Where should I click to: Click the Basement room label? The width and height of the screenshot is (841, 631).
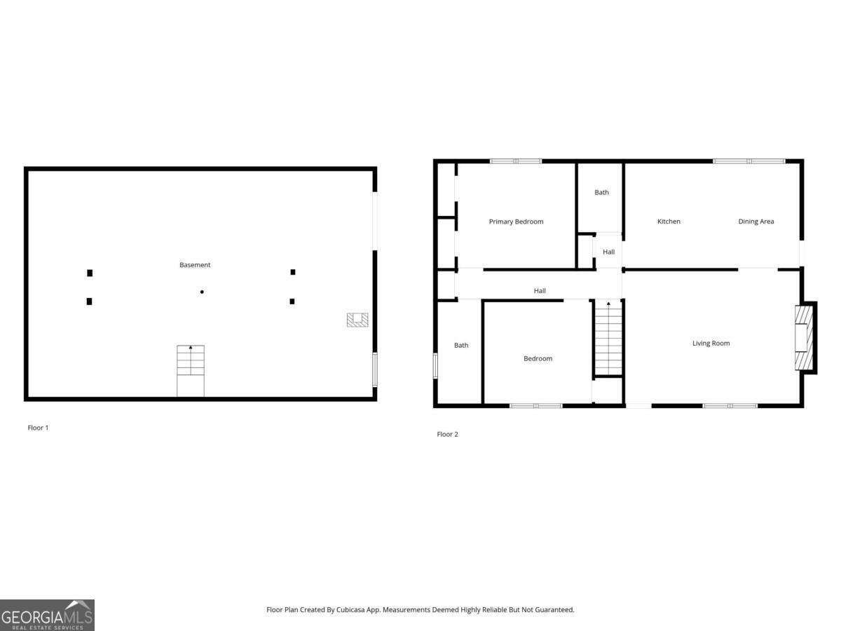click(x=195, y=265)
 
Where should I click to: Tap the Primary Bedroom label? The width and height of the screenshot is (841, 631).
click(x=516, y=222)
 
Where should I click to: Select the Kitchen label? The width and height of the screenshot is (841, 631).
click(x=669, y=222)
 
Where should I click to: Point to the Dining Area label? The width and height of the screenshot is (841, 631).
click(x=756, y=222)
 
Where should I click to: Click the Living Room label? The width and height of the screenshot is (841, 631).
click(x=711, y=344)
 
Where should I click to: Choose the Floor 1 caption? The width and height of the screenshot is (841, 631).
click(x=38, y=428)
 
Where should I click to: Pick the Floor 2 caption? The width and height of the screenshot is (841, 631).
click(x=447, y=435)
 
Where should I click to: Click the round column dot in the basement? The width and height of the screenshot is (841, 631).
click(x=202, y=292)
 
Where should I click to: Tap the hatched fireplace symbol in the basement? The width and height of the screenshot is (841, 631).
click(x=357, y=320)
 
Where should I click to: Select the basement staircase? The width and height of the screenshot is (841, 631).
click(x=191, y=370)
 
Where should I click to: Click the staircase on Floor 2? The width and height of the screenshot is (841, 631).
click(x=608, y=338)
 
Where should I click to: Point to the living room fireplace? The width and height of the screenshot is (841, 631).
click(x=805, y=338)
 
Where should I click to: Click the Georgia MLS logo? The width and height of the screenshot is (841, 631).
click(x=47, y=616)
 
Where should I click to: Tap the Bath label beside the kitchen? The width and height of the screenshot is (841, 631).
click(x=601, y=192)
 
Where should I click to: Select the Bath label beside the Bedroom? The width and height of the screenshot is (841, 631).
click(x=461, y=345)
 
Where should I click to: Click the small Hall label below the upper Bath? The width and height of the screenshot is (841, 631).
click(x=608, y=252)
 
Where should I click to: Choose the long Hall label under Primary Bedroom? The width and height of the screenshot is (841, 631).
click(x=540, y=291)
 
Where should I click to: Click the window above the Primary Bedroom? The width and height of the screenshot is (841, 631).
click(x=515, y=161)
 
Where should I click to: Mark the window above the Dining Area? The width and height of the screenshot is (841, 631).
click(x=748, y=161)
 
